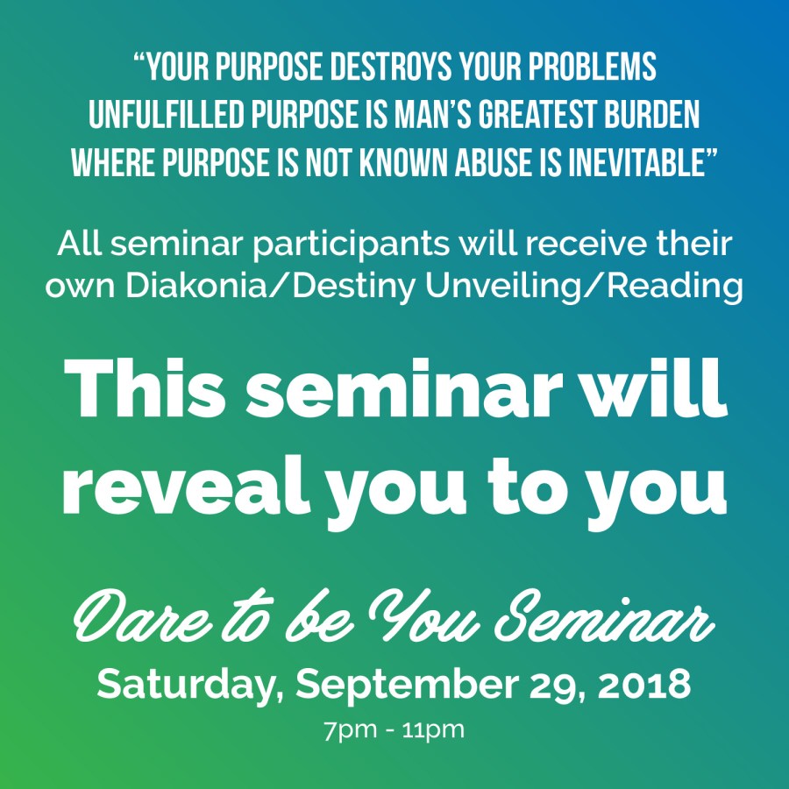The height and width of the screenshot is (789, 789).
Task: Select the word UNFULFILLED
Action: pyautogui.click(x=167, y=115)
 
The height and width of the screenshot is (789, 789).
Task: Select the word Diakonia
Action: pyautogui.click(x=197, y=285)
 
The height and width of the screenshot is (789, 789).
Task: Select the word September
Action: pyautogui.click(x=407, y=686)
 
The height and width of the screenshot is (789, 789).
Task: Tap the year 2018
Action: pyautogui.click(x=644, y=685)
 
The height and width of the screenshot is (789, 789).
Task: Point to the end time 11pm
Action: pyautogui.click(x=433, y=731)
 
